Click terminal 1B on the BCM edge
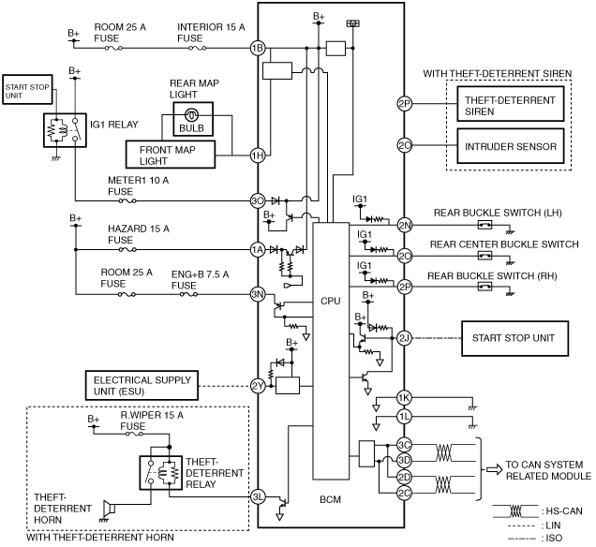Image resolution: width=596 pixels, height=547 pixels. tap(258, 49)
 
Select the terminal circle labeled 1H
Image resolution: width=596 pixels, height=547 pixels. tap(258, 155)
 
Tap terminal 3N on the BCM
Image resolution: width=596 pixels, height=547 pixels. tap(258, 294)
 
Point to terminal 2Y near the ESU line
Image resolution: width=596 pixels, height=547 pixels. tap(258, 386)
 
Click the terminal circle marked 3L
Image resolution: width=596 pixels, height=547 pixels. tap(258, 496)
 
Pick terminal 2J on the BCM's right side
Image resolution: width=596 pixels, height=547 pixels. tap(404, 338)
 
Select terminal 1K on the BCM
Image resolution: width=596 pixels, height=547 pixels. tap(404, 398)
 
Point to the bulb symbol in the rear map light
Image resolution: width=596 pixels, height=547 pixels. tap(191, 114)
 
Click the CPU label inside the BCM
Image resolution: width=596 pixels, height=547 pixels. tap(330, 301)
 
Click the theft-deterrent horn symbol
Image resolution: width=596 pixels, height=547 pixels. tap(109, 508)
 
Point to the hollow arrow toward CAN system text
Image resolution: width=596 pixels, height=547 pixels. tap(494, 470)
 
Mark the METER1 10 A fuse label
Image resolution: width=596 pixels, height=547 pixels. tap(138, 185)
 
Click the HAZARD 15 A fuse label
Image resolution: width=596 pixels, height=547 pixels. tap(139, 234)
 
